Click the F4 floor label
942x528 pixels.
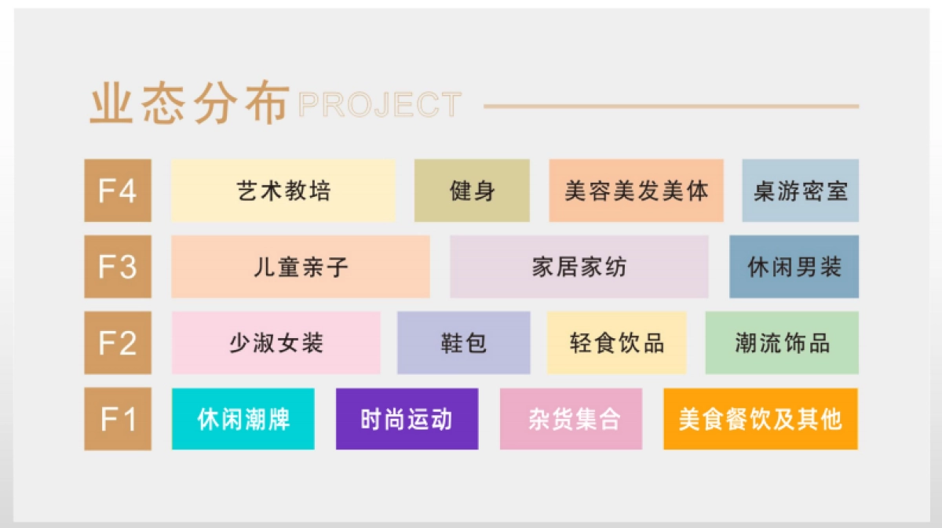click(x=117, y=191)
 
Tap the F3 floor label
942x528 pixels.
click(x=117, y=267)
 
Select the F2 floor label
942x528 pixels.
click(x=117, y=343)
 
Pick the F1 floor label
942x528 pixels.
click(x=117, y=419)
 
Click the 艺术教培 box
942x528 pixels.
click(x=283, y=191)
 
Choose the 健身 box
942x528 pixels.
click(x=472, y=191)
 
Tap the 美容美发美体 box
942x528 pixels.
click(x=636, y=191)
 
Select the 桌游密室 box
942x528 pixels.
click(x=800, y=191)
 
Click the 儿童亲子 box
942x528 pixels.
click(x=301, y=267)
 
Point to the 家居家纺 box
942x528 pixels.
click(x=579, y=267)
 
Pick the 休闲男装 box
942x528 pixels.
click(x=794, y=267)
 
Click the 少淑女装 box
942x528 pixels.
click(x=276, y=343)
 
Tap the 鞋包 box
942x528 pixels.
click(x=463, y=343)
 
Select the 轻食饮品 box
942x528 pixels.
click(x=616, y=343)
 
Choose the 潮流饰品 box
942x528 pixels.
click(x=782, y=343)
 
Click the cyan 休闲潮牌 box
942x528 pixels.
click(x=243, y=419)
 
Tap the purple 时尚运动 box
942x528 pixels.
click(x=407, y=419)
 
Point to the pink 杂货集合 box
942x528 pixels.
click(x=571, y=419)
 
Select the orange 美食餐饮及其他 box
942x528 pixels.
click(x=760, y=419)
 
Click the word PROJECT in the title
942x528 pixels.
click(x=379, y=105)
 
